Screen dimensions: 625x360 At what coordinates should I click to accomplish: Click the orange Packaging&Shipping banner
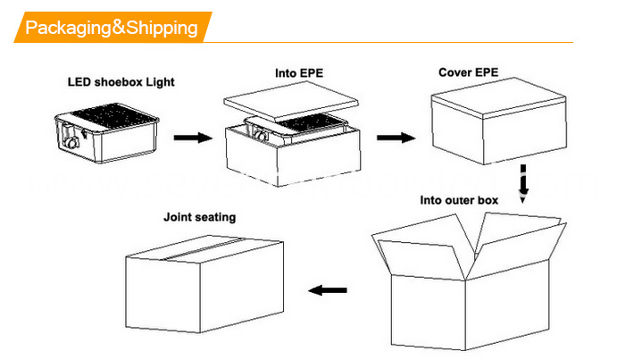112,27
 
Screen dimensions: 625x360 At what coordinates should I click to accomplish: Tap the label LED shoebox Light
121,82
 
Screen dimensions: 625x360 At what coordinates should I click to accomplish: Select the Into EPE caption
299,73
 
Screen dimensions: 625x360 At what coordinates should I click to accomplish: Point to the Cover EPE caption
469,72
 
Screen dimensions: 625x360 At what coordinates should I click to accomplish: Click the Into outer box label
459,200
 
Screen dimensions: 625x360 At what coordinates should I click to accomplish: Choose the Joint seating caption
200,217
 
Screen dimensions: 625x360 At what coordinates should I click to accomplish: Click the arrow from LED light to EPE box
193,138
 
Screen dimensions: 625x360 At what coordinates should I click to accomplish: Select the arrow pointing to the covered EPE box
396,138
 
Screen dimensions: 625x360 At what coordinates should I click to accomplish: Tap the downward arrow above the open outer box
523,184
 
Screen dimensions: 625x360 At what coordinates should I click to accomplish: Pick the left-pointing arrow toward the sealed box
328,290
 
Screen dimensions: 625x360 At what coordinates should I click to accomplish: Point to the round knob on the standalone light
72,142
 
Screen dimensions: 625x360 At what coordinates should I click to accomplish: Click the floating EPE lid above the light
291,100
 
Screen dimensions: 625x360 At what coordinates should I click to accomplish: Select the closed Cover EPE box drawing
498,121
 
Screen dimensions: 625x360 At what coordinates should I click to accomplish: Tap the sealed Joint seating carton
204,284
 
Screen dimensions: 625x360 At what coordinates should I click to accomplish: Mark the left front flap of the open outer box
421,259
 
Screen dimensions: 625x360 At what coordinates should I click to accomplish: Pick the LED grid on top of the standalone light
112,116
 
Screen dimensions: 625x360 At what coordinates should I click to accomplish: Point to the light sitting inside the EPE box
294,128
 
